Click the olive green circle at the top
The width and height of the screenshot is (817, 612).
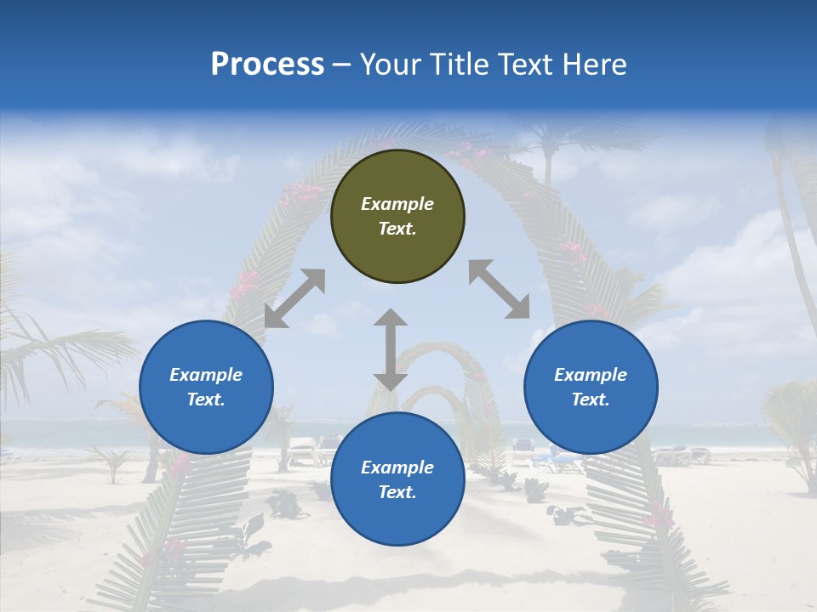coord(397,216)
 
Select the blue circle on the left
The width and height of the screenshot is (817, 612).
coord(206,387)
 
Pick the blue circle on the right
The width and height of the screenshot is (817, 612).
coord(591,387)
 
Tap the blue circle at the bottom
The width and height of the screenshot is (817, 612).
coord(397,479)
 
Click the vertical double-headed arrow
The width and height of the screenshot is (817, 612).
coord(391,349)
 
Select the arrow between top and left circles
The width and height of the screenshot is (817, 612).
coord(294,298)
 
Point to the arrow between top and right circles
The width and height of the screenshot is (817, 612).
coord(499,289)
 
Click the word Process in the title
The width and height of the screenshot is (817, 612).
coord(267,65)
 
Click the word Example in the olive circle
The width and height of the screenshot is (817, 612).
coord(397,204)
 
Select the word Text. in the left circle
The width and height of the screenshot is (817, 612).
coord(206,399)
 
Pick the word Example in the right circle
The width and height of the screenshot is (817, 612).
coord(591,375)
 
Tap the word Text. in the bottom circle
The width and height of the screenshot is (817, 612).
coord(397,492)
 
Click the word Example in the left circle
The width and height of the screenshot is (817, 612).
coord(206,375)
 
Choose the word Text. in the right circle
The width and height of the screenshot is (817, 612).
coord(591,399)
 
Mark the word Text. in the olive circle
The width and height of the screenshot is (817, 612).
coord(397,229)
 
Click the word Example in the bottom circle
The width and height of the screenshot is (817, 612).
coord(397,467)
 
